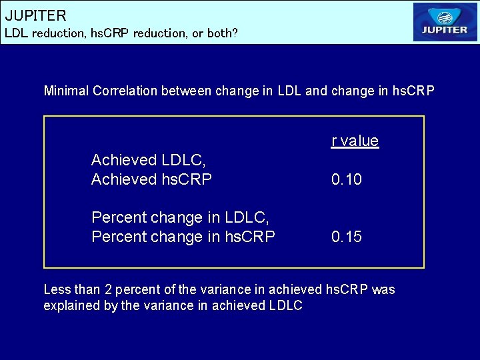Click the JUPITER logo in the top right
pos(445,22)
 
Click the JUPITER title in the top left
pos(36,15)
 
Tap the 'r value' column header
pos(355,141)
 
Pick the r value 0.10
pos(347,179)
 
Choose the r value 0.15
pos(347,237)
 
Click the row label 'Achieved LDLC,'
pos(149,160)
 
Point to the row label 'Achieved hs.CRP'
pos(151,179)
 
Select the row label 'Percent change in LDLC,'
pos(180,217)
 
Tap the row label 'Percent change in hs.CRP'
pos(183,237)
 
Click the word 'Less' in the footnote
pos(55,290)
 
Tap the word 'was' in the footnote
pos(383,290)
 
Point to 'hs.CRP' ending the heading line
pos(413,91)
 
